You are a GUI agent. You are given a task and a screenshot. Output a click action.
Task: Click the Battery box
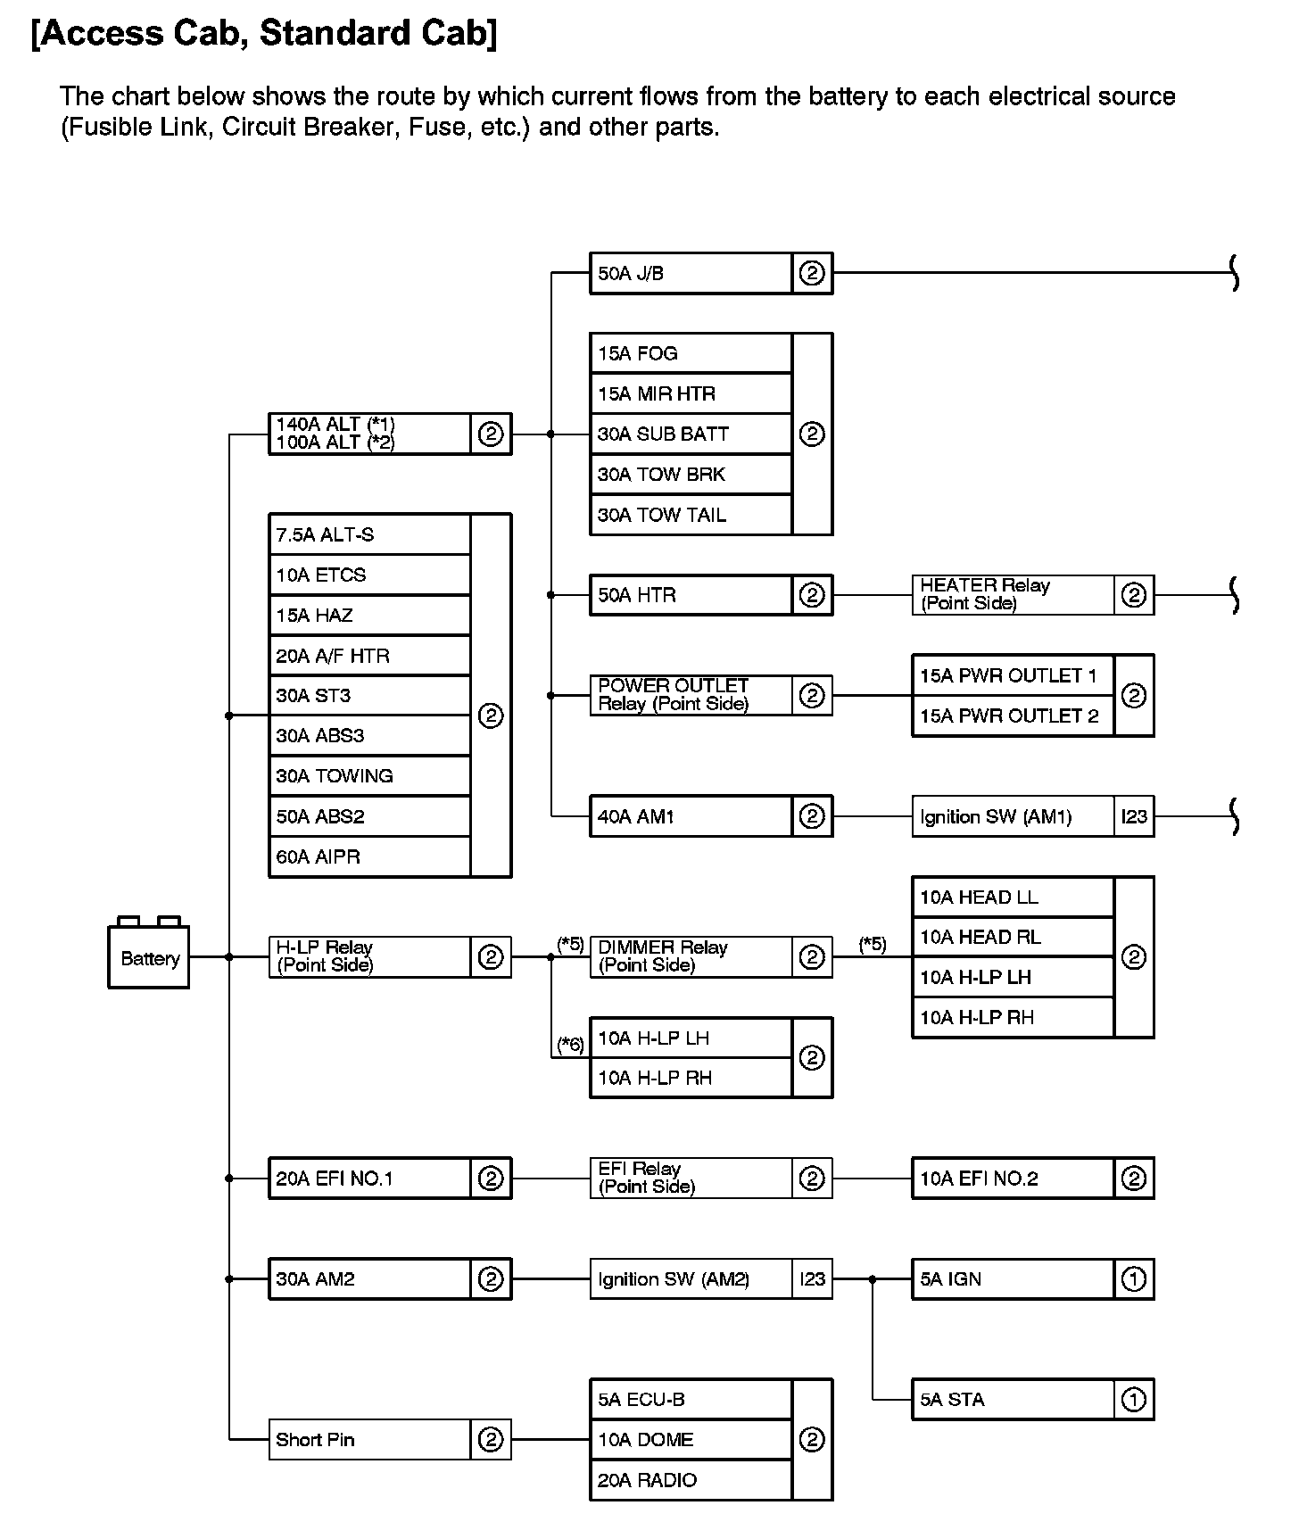[149, 958]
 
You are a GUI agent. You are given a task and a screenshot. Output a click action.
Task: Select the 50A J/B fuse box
[691, 273]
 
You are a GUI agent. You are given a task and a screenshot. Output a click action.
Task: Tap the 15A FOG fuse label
[638, 353]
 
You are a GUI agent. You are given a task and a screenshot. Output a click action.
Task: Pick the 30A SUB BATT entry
[663, 434]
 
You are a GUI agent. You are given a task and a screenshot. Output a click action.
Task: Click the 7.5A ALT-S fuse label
[325, 535]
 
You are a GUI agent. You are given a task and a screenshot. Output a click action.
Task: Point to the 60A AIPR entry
[319, 857]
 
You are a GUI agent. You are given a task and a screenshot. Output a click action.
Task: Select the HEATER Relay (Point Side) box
[1013, 595]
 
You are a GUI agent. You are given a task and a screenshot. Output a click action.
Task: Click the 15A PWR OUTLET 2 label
[1009, 716]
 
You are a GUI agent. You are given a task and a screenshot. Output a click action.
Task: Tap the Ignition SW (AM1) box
[1013, 816]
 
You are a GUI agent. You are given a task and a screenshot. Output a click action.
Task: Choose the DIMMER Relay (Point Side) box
[691, 956]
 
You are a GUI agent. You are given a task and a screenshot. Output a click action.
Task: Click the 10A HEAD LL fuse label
[979, 897]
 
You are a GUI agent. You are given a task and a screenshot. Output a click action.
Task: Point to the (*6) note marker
[570, 1044]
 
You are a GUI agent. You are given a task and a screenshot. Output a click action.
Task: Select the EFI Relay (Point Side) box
[691, 1178]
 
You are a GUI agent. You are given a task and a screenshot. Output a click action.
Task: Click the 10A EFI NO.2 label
[979, 1179]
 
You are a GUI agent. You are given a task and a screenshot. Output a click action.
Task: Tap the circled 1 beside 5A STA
[1133, 1400]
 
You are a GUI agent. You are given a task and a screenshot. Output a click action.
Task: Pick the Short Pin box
[369, 1440]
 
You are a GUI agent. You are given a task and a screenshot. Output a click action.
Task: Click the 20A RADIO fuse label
[647, 1480]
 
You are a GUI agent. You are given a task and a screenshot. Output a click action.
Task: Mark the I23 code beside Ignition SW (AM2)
[812, 1279]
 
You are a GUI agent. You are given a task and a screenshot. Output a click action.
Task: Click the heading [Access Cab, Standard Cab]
[264, 33]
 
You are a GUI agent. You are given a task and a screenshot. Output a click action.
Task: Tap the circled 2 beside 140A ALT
[491, 434]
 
